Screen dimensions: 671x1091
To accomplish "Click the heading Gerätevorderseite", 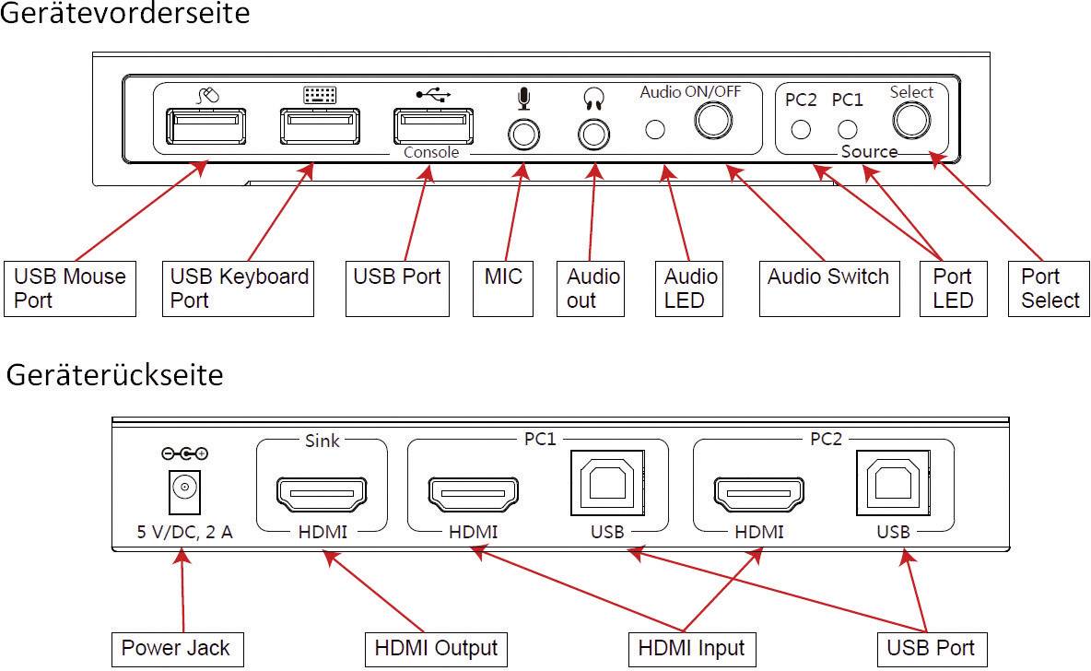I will click(x=124, y=15).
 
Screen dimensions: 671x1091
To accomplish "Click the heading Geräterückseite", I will click(x=115, y=376).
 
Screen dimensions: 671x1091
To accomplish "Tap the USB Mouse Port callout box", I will click(x=70, y=288).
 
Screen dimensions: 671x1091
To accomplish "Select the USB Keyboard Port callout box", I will click(x=239, y=288).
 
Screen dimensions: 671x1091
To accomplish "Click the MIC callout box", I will click(x=503, y=277).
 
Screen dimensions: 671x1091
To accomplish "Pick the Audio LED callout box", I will click(x=691, y=288).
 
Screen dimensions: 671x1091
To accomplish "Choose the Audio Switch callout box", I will click(x=828, y=277).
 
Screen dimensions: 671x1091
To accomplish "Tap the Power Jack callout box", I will click(x=170, y=649).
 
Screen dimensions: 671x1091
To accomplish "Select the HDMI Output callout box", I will click(x=436, y=649).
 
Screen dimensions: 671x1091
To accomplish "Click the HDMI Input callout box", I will click(x=692, y=649).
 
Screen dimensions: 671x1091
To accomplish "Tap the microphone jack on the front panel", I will click(x=524, y=135).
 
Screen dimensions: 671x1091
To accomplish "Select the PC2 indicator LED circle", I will click(x=802, y=129).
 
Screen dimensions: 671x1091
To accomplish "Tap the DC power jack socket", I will click(x=183, y=488).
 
